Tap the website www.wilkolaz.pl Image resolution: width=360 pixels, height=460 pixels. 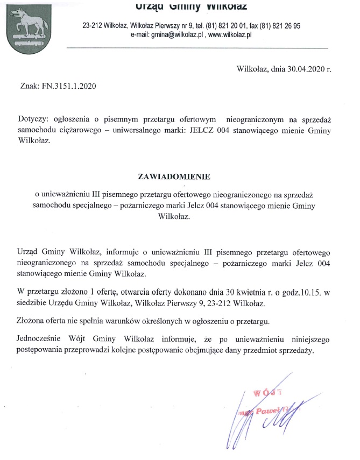click(x=231, y=34)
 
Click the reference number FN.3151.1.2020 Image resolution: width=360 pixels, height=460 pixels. click(x=66, y=85)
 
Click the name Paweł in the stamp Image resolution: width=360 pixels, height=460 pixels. click(x=266, y=411)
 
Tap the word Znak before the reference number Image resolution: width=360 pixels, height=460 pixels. click(x=29, y=85)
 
